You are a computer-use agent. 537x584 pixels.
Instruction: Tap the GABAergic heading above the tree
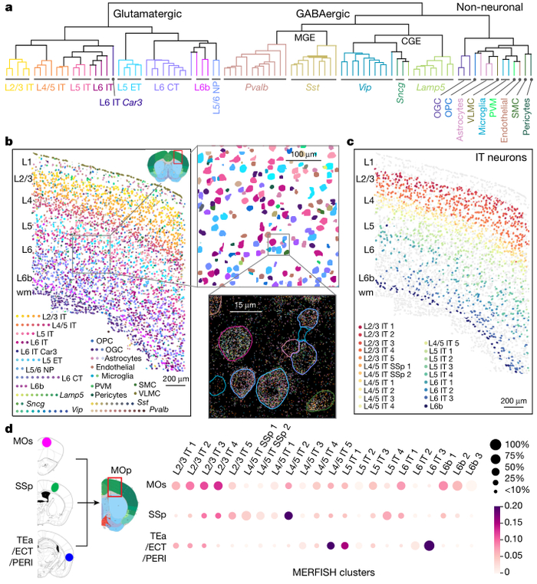point(324,15)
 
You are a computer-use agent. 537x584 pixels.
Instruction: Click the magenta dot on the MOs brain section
point(48,442)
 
